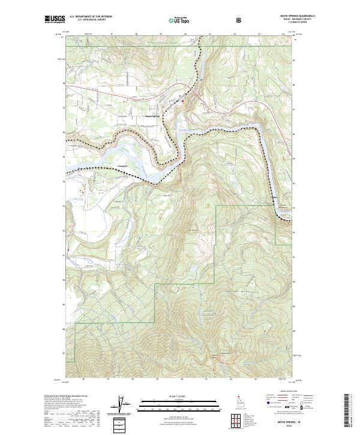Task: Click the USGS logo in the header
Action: tap(55, 20)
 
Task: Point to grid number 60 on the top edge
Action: tap(185, 35)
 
